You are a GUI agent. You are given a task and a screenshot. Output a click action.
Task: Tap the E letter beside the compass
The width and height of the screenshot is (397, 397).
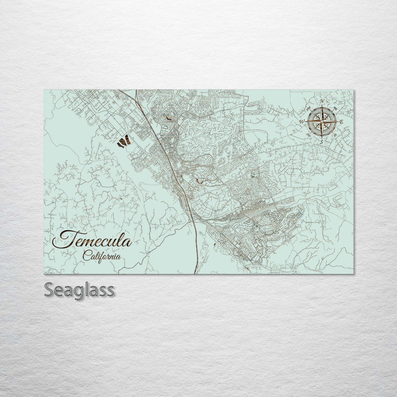[x=342, y=122]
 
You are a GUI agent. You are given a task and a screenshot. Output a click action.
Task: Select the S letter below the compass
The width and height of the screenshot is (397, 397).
[x=322, y=142]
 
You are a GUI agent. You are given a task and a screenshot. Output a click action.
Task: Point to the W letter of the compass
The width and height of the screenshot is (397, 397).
[x=302, y=121]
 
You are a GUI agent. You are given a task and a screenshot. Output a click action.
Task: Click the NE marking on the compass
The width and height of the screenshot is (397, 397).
[x=335, y=109]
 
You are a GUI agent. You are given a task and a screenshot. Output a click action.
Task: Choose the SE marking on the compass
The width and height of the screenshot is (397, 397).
[x=335, y=135]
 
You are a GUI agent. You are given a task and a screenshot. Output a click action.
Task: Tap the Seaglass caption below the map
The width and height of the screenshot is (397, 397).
[x=79, y=290]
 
